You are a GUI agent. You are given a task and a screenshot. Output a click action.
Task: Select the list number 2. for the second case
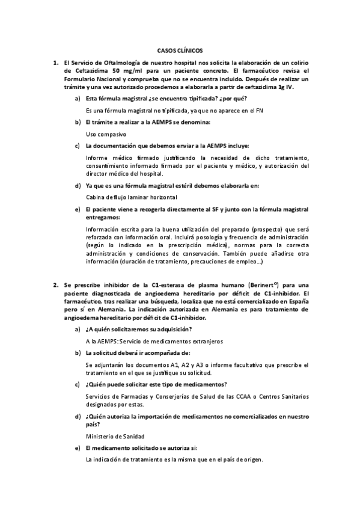coord(55,285)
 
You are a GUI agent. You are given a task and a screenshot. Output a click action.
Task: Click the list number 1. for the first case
coord(55,63)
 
